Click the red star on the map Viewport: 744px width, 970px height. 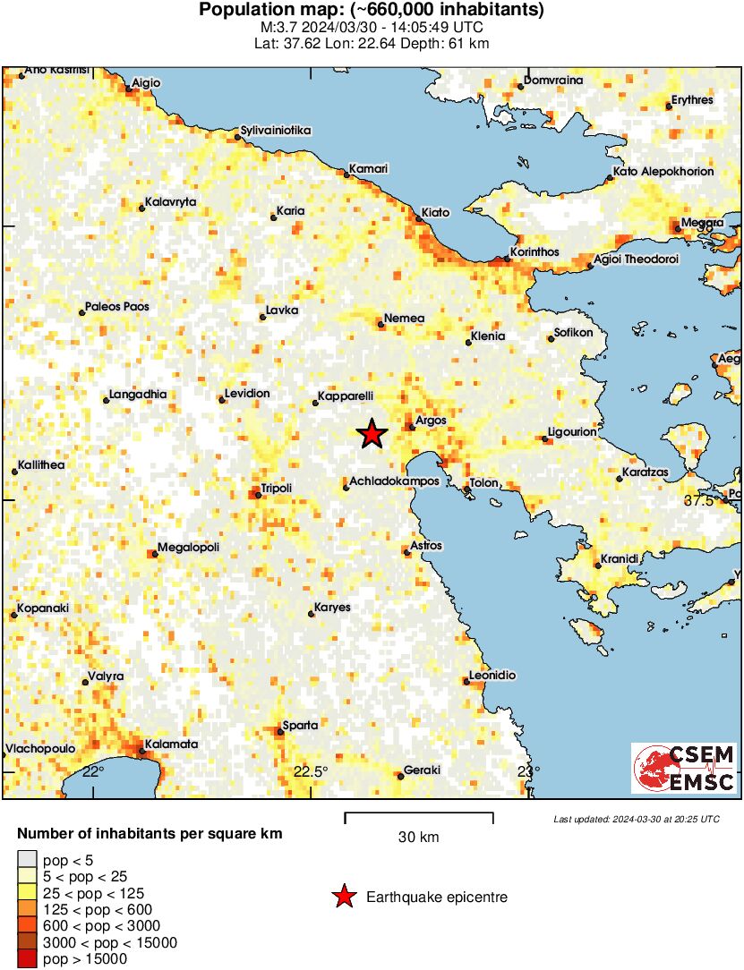pyautogui.click(x=372, y=434)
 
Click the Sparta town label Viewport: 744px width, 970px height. pyautogui.click(x=300, y=725)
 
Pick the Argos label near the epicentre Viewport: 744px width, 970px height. pyautogui.click(x=431, y=421)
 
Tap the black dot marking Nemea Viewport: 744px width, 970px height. pyautogui.click(x=381, y=325)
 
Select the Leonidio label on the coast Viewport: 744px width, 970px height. pyautogui.click(x=494, y=676)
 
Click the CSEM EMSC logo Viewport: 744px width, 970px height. pyautogui.click(x=684, y=768)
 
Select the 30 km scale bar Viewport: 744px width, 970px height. pyautogui.click(x=419, y=814)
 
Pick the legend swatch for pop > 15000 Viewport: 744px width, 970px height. pyautogui.click(x=28, y=959)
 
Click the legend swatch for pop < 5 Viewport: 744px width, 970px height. pyautogui.click(x=28, y=861)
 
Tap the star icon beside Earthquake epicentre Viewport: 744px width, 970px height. pyautogui.click(x=343, y=898)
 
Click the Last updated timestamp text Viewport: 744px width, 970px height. pyautogui.click(x=636, y=819)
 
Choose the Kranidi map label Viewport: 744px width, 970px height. pyautogui.click(x=620, y=558)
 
